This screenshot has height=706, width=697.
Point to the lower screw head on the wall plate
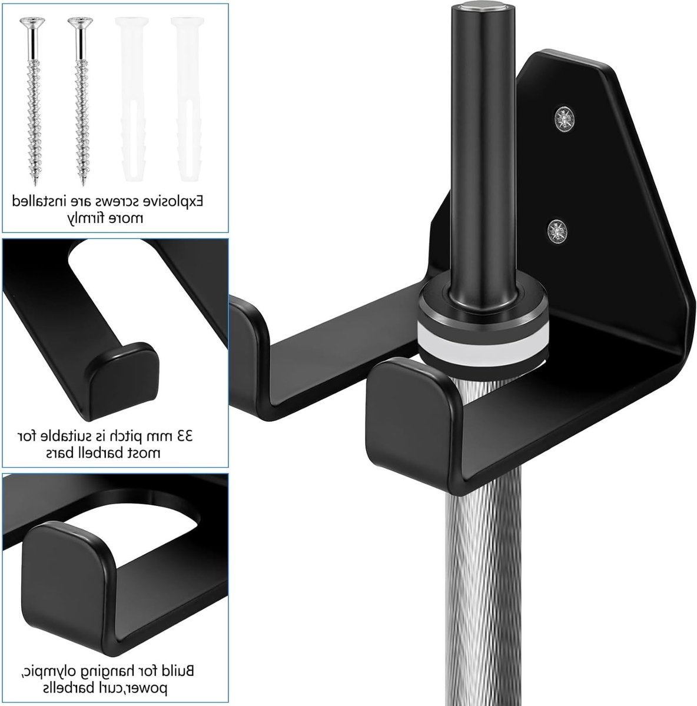coord(557,231)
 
